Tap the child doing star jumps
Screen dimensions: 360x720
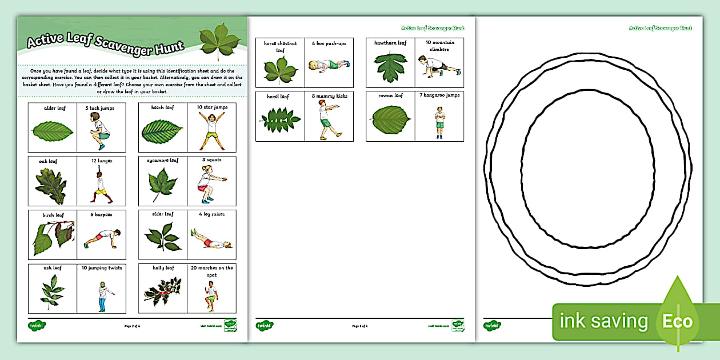pos(211,131)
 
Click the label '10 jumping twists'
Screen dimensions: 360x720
pos(101,268)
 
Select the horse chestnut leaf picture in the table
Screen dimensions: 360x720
pos(281,69)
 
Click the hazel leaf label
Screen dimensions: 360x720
pos(278,97)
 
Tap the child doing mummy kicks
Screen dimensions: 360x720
pos(326,118)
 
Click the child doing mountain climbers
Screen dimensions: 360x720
pos(439,66)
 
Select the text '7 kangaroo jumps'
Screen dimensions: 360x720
pos(439,95)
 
